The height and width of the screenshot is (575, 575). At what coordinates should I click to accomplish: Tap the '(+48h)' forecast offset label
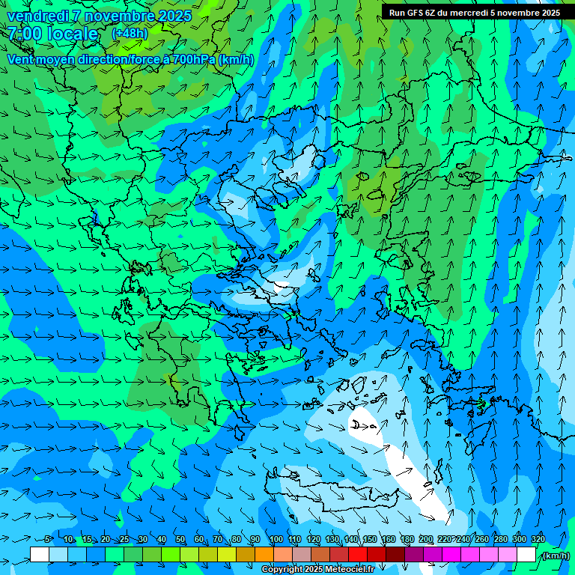coord(130,34)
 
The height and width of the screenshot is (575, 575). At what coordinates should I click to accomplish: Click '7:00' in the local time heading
coord(25,34)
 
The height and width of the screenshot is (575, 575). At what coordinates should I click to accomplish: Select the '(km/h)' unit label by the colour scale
coord(556,555)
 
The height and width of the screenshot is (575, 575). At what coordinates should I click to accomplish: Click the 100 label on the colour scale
coord(276,539)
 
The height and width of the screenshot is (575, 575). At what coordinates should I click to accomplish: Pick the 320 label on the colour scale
coord(538,539)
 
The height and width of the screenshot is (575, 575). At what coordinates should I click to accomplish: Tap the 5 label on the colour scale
coord(48,539)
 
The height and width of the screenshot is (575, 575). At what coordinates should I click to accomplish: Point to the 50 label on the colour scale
coord(180,539)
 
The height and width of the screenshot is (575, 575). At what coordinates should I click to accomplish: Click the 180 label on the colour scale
coord(407,539)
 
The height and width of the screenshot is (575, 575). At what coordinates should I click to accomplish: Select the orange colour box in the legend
coord(264,554)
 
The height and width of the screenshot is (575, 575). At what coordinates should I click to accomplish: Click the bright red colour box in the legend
coord(358,554)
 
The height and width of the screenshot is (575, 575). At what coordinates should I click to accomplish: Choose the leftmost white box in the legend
coord(40,554)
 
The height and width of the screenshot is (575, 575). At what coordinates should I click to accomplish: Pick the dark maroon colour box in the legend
coord(395,554)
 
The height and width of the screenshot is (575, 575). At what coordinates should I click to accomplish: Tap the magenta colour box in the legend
coord(451,554)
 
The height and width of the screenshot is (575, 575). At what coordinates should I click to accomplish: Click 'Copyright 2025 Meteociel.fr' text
coord(317,570)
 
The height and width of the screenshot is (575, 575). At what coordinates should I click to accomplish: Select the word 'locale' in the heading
coord(72,34)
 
